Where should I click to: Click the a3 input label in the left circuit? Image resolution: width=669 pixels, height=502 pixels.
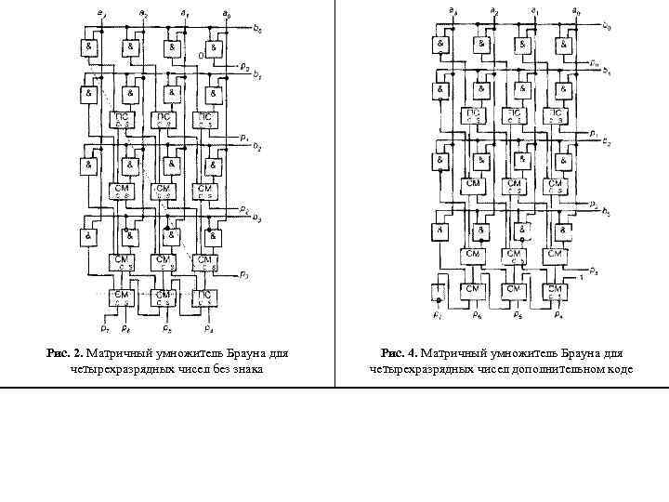100,12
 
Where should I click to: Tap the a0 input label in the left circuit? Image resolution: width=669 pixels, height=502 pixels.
226,12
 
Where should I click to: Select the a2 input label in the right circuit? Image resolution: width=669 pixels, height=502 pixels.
493,11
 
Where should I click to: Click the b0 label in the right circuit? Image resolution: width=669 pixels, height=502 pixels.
607,26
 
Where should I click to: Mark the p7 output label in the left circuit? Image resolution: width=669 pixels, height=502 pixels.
104,328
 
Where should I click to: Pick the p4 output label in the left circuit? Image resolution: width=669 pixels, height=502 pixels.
207,328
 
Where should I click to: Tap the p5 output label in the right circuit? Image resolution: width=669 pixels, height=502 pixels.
518,316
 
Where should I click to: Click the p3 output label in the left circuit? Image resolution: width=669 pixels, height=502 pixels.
243,275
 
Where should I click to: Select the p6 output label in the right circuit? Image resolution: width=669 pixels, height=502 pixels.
475,316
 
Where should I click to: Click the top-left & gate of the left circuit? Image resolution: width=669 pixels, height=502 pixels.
89,46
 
